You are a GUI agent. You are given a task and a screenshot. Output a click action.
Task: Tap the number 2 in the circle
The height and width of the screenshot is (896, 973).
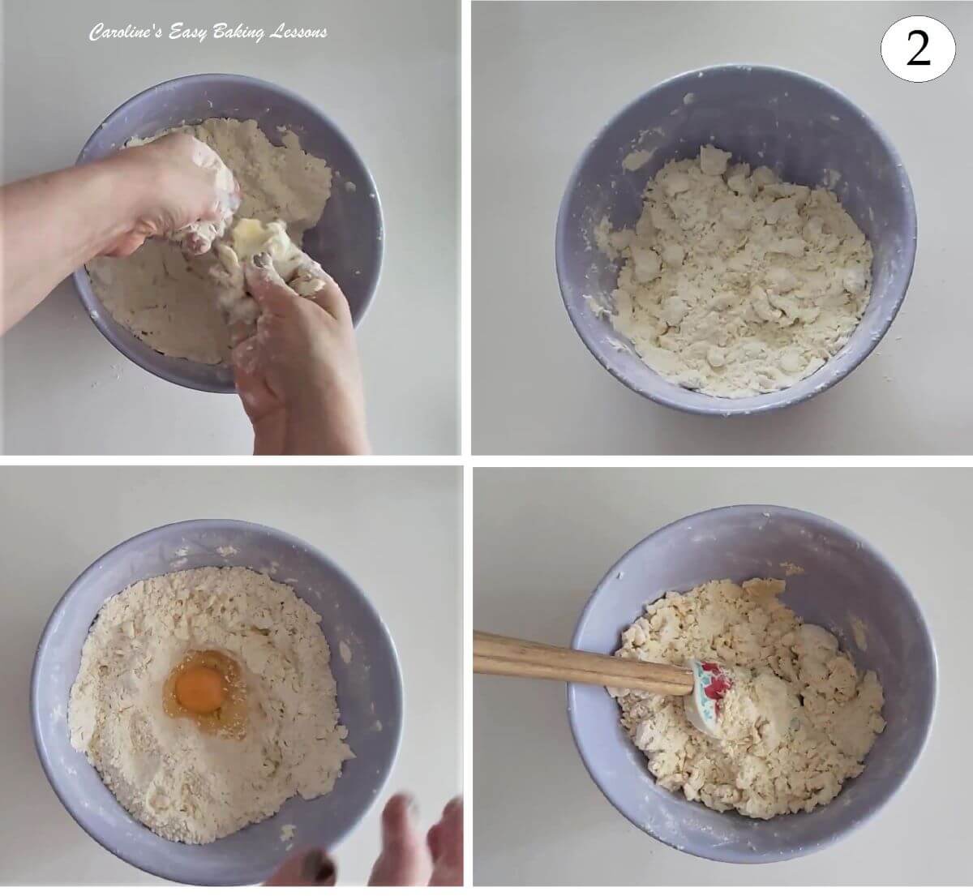tap(918, 50)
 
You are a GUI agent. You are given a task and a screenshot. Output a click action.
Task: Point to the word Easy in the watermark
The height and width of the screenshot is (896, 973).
tap(178, 33)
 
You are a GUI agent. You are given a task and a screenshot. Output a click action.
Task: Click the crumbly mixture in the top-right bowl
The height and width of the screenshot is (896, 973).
tap(730, 268)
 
